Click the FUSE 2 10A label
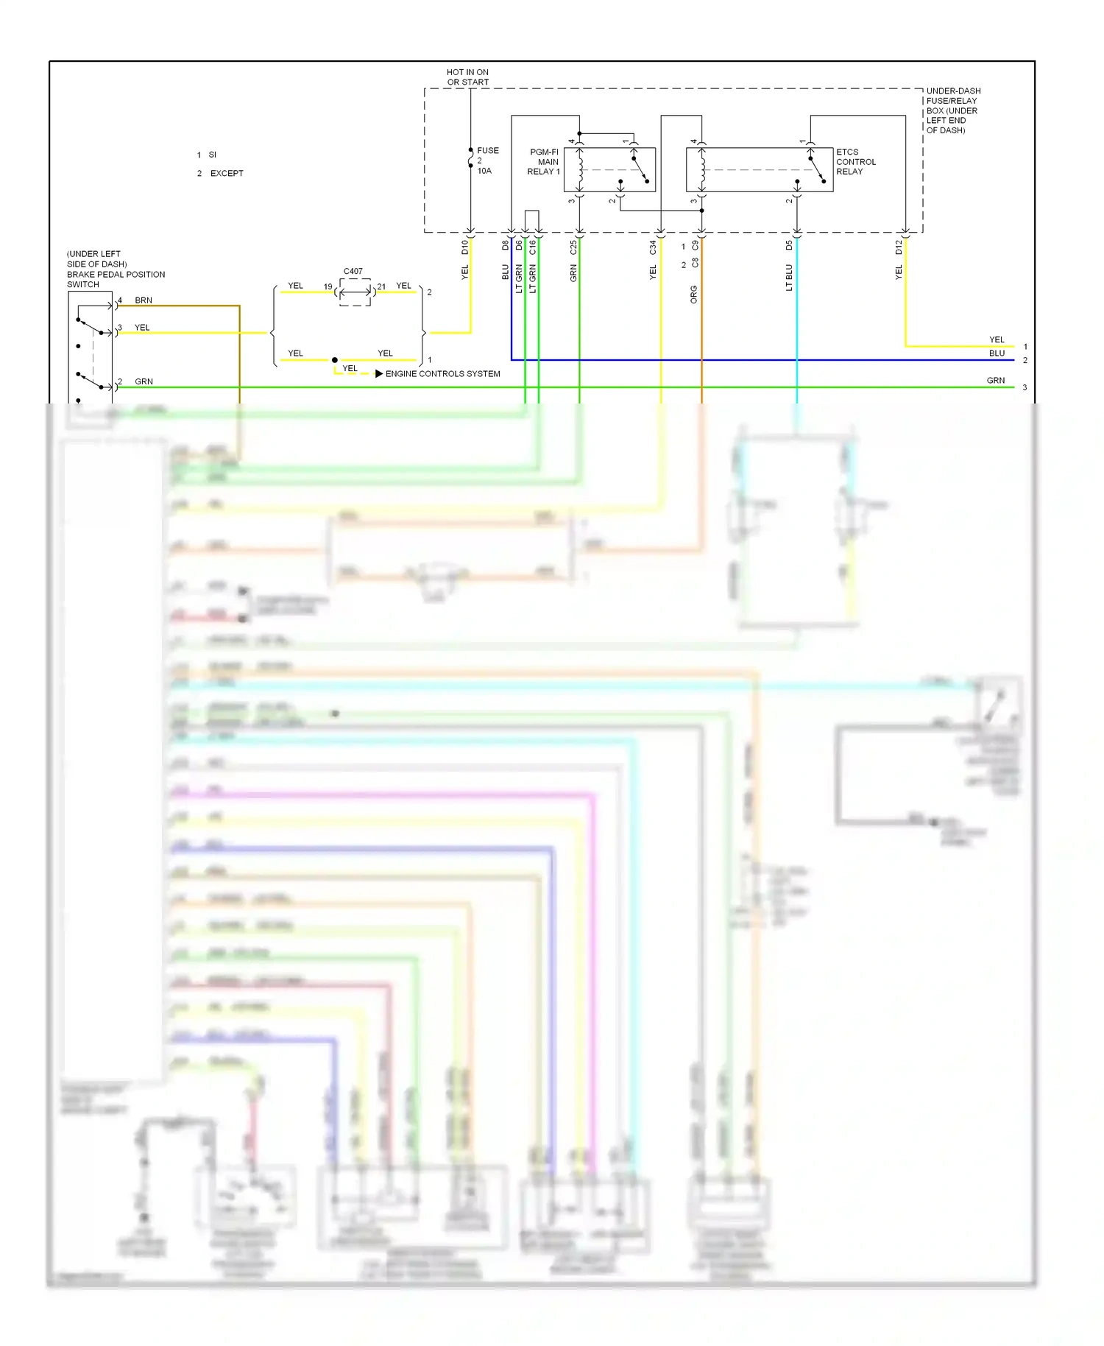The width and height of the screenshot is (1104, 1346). tap(486, 161)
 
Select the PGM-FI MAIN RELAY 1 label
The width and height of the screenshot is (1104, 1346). tap(544, 162)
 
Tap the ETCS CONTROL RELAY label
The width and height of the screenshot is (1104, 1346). tap(855, 162)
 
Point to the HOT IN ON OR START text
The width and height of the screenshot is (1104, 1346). tap(467, 77)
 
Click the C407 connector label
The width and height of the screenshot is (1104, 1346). tap(353, 271)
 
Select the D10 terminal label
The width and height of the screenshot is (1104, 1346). tap(465, 247)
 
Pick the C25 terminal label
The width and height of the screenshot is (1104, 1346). tap(573, 247)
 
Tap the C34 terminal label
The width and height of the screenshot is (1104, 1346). tap(653, 247)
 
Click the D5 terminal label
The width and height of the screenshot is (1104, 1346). tap(789, 245)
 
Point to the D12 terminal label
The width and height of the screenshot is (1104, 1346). tap(899, 247)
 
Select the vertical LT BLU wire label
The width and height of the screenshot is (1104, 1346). tap(789, 278)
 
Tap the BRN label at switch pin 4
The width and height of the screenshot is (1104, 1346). tap(144, 300)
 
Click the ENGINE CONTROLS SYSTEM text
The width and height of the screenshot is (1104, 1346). tap(442, 374)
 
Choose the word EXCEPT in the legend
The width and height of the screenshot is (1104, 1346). tap(227, 174)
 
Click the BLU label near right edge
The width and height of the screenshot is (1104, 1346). tap(997, 353)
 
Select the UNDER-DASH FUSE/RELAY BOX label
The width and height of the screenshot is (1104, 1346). tap(952, 110)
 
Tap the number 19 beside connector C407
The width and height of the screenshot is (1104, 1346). tap(328, 287)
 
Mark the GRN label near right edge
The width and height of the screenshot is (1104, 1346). tap(995, 381)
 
